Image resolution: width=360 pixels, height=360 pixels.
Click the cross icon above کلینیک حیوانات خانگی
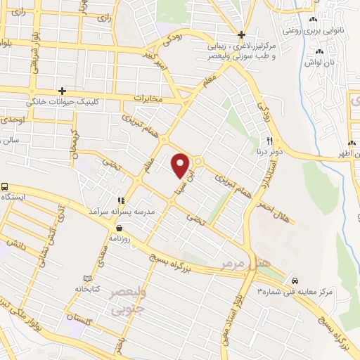tap(63, 91)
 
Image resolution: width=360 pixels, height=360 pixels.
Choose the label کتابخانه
tap(88, 288)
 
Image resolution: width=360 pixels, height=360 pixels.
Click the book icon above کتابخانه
tap(88, 278)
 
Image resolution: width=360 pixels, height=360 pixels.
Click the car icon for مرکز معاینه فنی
tap(295, 278)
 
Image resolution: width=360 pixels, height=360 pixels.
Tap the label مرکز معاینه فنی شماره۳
tap(295, 290)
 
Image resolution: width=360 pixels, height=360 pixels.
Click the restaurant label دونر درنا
tap(268, 150)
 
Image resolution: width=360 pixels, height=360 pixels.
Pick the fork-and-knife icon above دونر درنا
tap(268, 140)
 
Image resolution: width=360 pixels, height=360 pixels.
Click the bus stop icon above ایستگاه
tap(5, 186)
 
